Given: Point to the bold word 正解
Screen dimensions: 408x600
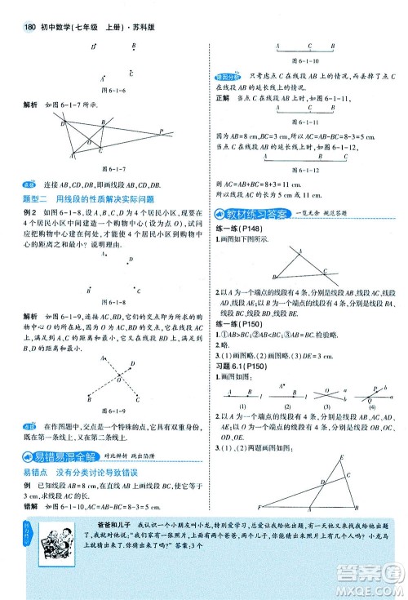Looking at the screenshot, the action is point(222,96).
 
